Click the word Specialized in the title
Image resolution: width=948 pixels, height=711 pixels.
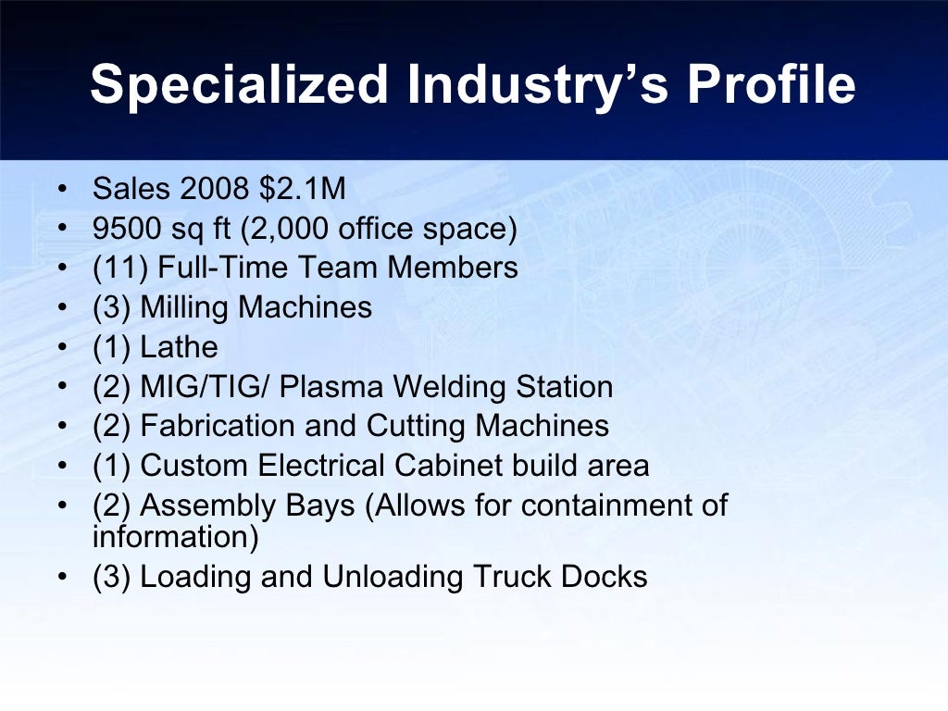point(240,85)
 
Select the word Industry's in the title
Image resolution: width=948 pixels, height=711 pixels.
point(538,85)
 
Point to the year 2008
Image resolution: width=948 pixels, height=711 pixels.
point(216,189)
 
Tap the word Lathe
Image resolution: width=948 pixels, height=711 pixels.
point(179,347)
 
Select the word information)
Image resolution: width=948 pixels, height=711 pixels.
point(175,536)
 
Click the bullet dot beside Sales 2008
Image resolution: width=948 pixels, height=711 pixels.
point(61,190)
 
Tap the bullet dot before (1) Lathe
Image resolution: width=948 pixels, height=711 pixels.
point(61,348)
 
